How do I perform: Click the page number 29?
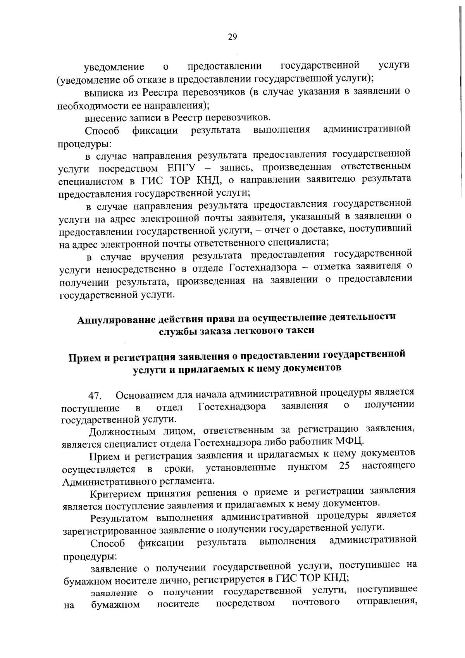[232, 37]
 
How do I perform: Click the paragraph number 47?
[95, 396]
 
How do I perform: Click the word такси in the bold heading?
[300, 331]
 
